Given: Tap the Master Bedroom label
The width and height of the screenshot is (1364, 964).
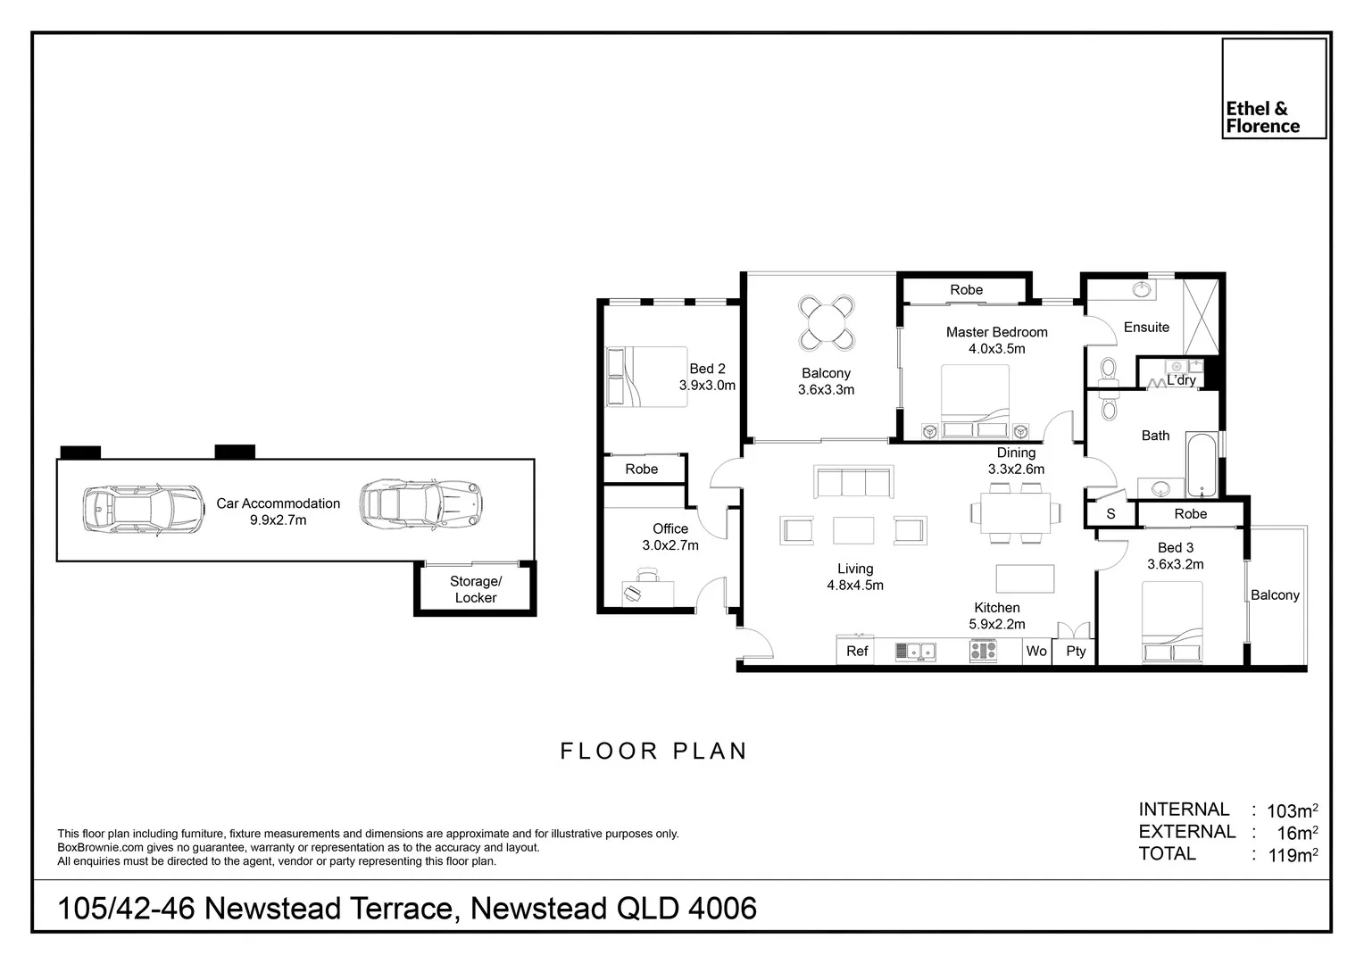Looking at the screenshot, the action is tap(996, 332).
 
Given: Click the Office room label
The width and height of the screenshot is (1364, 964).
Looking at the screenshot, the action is tap(670, 528).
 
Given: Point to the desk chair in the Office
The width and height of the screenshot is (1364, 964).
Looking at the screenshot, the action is tap(633, 593).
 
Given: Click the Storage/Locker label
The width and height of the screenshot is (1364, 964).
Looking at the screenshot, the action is tap(475, 589).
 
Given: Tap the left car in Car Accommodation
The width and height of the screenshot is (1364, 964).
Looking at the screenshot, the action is tap(143, 510).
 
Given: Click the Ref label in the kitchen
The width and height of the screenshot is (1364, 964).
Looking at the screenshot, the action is tap(857, 651).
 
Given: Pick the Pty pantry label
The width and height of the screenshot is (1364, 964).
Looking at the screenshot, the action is tap(1076, 651).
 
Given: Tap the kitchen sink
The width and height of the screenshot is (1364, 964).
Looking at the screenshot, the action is tap(915, 652).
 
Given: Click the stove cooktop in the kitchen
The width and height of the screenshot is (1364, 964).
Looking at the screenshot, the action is tap(983, 652).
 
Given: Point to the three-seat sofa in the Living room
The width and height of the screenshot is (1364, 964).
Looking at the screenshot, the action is tap(852, 483).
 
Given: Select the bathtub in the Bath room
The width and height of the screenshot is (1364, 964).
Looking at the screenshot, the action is tap(1201, 464).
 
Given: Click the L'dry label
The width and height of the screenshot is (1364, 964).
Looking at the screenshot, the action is tap(1181, 380).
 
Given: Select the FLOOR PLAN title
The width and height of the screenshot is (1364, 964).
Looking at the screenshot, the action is tap(653, 752).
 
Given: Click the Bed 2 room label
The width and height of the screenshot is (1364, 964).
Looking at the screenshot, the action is tap(707, 369).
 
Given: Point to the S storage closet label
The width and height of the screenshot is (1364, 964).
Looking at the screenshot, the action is tap(1110, 514).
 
